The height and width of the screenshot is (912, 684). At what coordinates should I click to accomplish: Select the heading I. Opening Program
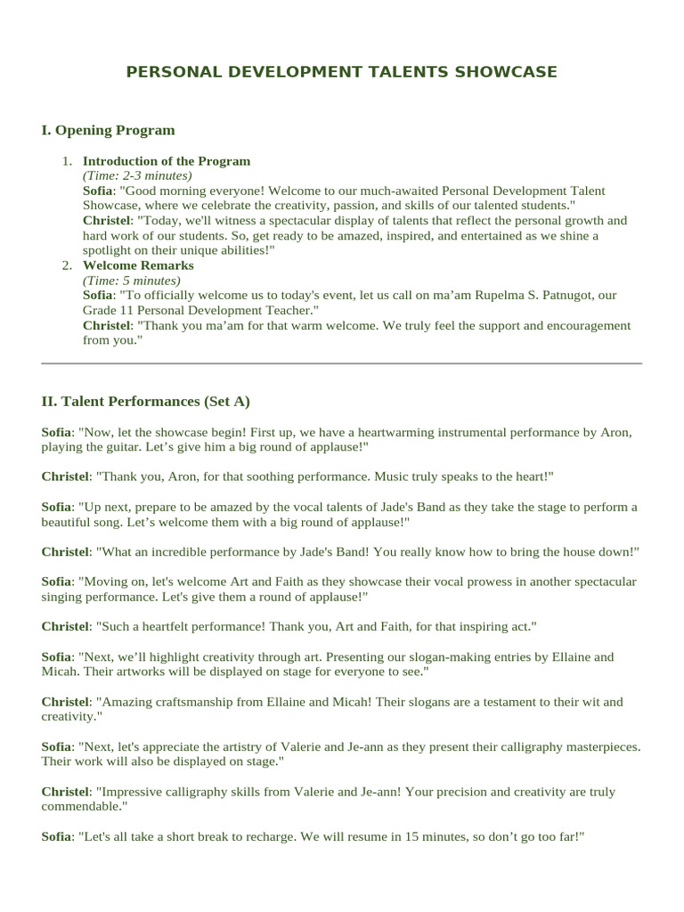[x=108, y=130]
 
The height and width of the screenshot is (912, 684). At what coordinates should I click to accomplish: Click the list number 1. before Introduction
[x=67, y=161]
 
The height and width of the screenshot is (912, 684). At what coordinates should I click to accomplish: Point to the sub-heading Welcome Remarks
[x=138, y=265]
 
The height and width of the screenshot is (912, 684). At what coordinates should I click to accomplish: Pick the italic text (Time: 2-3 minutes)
[x=137, y=176]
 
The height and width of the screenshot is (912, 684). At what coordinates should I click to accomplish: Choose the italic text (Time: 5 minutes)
[x=131, y=281]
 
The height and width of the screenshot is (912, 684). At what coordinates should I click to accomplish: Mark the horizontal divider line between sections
[x=342, y=363]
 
